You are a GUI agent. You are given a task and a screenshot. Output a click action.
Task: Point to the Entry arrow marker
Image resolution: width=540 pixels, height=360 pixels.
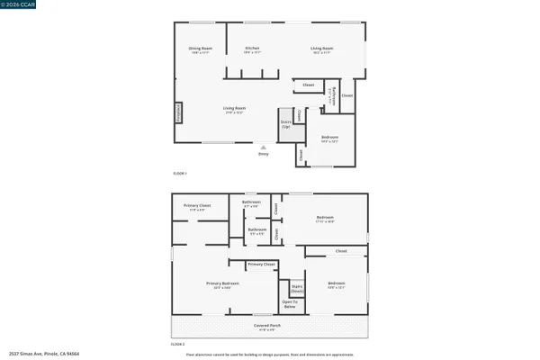click(263, 147)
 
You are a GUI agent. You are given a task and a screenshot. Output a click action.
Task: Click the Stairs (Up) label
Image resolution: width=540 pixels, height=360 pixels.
click(286, 124)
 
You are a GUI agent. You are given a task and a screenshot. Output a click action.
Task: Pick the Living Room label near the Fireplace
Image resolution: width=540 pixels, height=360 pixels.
click(235, 110)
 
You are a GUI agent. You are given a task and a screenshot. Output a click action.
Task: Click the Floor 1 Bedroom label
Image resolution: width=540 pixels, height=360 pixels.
click(329, 139)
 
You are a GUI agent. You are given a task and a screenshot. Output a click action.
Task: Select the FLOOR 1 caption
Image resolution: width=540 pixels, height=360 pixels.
click(178, 173)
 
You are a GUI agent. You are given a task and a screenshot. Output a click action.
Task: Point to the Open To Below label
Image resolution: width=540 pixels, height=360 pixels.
click(291, 304)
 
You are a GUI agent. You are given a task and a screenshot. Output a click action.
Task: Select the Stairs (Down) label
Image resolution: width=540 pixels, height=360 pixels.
click(296, 288)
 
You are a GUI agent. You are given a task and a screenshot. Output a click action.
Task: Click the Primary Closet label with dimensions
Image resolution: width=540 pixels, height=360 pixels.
click(197, 208)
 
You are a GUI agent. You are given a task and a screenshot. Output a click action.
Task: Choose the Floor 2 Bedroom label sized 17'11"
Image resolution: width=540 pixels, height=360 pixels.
click(324, 219)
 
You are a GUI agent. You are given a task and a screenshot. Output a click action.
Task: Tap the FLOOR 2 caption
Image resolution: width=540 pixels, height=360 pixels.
click(178, 344)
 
